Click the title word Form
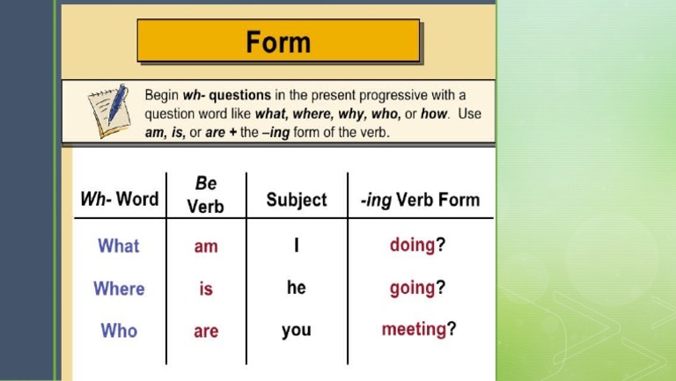point(278,42)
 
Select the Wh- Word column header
point(120,199)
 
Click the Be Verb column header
point(206,194)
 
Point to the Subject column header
point(297,200)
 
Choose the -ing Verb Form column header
point(421,200)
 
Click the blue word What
point(119,246)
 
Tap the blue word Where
point(119,289)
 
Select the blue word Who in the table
point(119,331)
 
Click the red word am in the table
point(206,247)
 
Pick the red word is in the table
point(206,289)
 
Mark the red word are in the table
point(206,332)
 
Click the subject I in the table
point(297,246)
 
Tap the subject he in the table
point(297,288)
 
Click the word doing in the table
point(412,245)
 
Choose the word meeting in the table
point(414,329)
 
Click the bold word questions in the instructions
point(238,95)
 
